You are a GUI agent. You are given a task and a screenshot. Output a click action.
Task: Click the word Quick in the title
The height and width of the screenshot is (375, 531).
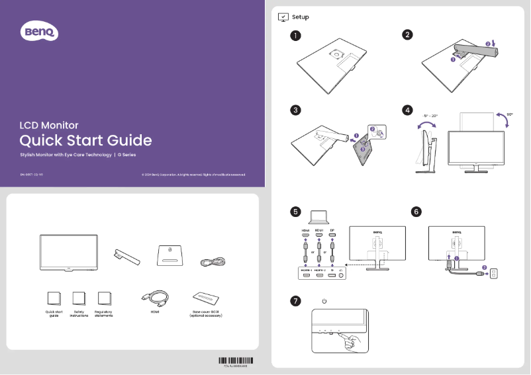tap(40, 140)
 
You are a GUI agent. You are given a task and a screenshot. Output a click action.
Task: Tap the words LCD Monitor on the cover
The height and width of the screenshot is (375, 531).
tap(48, 124)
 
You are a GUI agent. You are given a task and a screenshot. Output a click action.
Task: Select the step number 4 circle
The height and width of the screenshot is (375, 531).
tap(409, 110)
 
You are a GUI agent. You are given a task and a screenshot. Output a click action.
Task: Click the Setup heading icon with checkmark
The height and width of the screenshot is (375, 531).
tap(283, 17)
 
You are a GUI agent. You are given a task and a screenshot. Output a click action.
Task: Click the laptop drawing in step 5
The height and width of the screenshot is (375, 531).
tap(319, 217)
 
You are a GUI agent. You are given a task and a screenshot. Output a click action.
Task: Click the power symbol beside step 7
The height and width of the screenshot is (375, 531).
tap(324, 302)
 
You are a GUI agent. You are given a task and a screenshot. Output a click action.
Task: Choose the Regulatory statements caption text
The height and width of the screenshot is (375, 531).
tap(103, 314)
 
